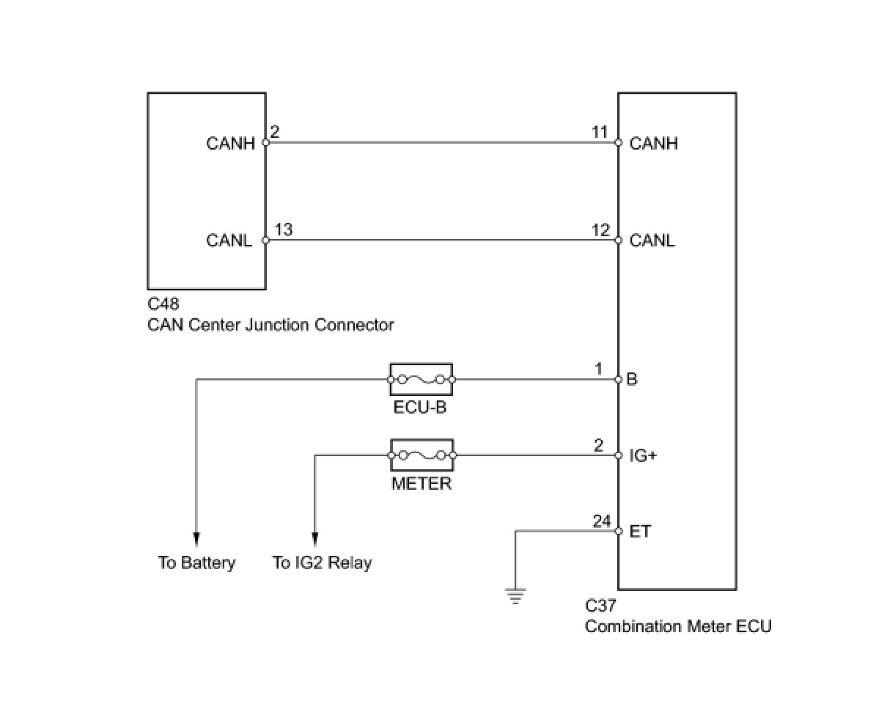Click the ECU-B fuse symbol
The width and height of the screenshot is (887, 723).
[421, 380]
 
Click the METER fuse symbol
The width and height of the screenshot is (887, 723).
[422, 455]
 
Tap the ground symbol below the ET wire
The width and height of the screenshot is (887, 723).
[516, 596]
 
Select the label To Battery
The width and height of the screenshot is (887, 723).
[196, 563]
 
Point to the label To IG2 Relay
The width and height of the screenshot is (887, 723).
[322, 563]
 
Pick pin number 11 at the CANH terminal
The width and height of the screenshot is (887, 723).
[600, 132]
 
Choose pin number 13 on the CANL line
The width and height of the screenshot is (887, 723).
[284, 230]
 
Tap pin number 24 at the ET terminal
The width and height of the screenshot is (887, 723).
[602, 521]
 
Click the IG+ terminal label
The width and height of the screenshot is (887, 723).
[643, 456]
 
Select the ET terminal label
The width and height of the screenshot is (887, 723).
[640, 532]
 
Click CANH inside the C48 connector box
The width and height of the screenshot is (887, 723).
[230, 143]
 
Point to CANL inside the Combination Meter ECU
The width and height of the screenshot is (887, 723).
[652, 241]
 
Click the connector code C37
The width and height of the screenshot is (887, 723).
[600, 606]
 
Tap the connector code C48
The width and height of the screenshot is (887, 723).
[163, 304]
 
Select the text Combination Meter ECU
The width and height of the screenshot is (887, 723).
[678, 626]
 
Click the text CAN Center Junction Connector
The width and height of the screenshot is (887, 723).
[270, 325]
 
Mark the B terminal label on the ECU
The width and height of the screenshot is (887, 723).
[632, 380]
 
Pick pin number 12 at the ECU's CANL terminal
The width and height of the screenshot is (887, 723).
[600, 230]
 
